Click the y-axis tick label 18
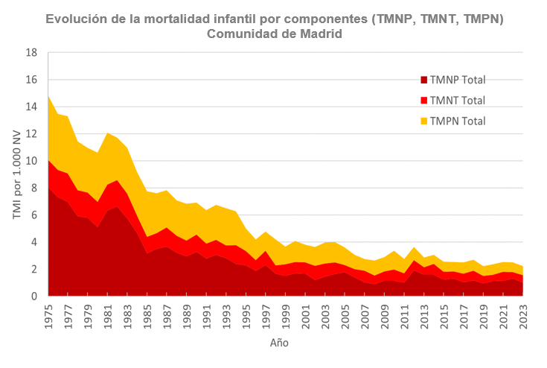(32, 53)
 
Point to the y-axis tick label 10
(32, 161)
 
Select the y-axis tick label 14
(32, 107)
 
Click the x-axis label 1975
(48, 314)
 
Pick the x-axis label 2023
(523, 314)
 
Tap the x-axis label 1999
(286, 314)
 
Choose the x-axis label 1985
(147, 314)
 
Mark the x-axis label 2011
(405, 314)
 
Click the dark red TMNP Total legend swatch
(423, 80)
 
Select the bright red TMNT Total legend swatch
(423, 101)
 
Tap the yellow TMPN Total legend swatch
(423, 121)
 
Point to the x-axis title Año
(278, 343)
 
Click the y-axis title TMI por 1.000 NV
(16, 175)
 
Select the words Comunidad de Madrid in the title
(274, 34)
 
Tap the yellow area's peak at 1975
(48, 96)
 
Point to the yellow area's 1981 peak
(108, 133)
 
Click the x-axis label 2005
(345, 314)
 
